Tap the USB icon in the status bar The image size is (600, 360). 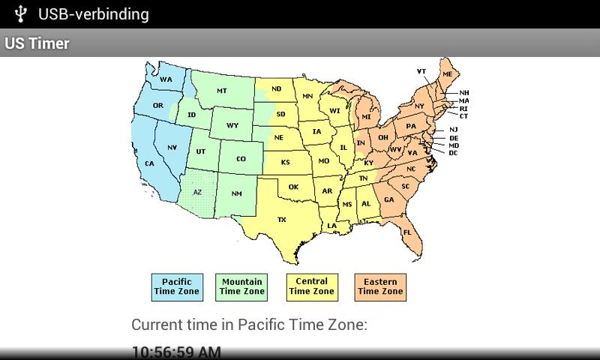click(x=21, y=13)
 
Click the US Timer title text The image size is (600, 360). click(x=37, y=43)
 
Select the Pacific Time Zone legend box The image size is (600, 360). click(x=177, y=286)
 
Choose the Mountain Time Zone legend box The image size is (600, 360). click(x=241, y=286)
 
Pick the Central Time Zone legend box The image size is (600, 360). click(x=312, y=286)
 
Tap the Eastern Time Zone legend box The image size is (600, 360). click(x=380, y=286)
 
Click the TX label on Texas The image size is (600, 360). click(x=282, y=220)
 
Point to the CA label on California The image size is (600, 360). click(x=149, y=163)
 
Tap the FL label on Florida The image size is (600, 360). click(x=407, y=232)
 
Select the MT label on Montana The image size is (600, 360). click(x=222, y=91)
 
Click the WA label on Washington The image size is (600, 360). click(x=166, y=79)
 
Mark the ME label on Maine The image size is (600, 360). click(x=447, y=75)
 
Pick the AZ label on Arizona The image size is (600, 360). click(x=197, y=192)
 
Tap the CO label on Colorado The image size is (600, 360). click(x=241, y=159)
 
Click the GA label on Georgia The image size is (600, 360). click(x=388, y=200)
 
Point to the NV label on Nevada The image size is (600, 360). click(x=172, y=147)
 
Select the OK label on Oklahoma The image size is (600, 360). click(x=293, y=187)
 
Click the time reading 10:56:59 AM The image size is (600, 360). click(x=176, y=352)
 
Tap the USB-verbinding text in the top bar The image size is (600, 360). click(x=94, y=13)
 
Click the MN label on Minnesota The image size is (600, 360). click(x=307, y=97)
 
